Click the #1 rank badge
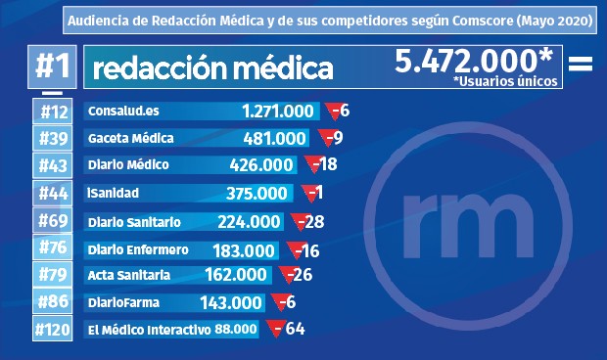tap(52, 67)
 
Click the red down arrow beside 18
tap(312, 164)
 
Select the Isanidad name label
tap(114, 194)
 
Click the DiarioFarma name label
tap(123, 303)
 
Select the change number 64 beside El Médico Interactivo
tap(295, 329)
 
